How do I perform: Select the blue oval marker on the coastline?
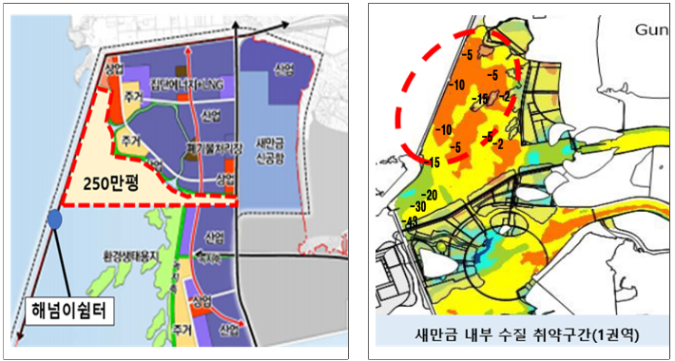[55, 219]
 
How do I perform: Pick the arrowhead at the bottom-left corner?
[18, 338]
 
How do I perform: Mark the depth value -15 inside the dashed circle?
[482, 98]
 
